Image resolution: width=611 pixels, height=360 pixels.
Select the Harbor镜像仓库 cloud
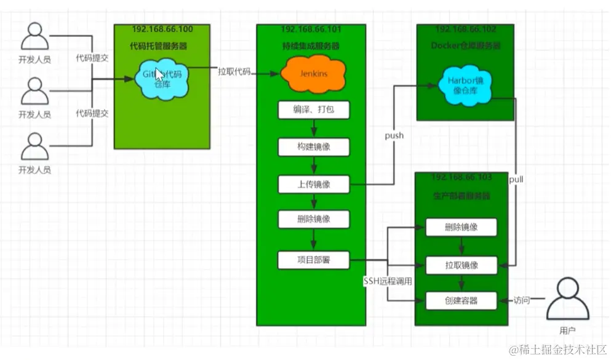coord(466,87)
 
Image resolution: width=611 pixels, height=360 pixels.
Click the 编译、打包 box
coord(314,110)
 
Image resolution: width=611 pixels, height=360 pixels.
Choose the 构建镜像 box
coord(314,147)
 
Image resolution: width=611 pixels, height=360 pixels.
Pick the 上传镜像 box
coord(314,184)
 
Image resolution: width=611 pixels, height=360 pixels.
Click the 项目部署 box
coord(314,260)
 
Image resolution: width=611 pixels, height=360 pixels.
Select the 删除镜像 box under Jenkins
coord(314,220)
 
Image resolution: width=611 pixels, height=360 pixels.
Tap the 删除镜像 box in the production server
coord(461,228)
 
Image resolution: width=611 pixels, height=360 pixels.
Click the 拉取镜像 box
coord(461,265)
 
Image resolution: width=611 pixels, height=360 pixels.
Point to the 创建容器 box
coord(461,302)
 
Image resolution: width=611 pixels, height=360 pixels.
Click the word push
coord(394,135)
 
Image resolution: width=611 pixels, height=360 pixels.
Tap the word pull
coord(517,178)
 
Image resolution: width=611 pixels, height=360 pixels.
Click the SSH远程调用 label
coord(388,281)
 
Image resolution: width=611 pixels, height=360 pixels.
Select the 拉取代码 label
coord(234,71)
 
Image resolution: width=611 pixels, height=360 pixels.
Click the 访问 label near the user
coord(522,301)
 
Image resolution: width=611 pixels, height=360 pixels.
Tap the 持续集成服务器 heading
coord(311,46)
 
